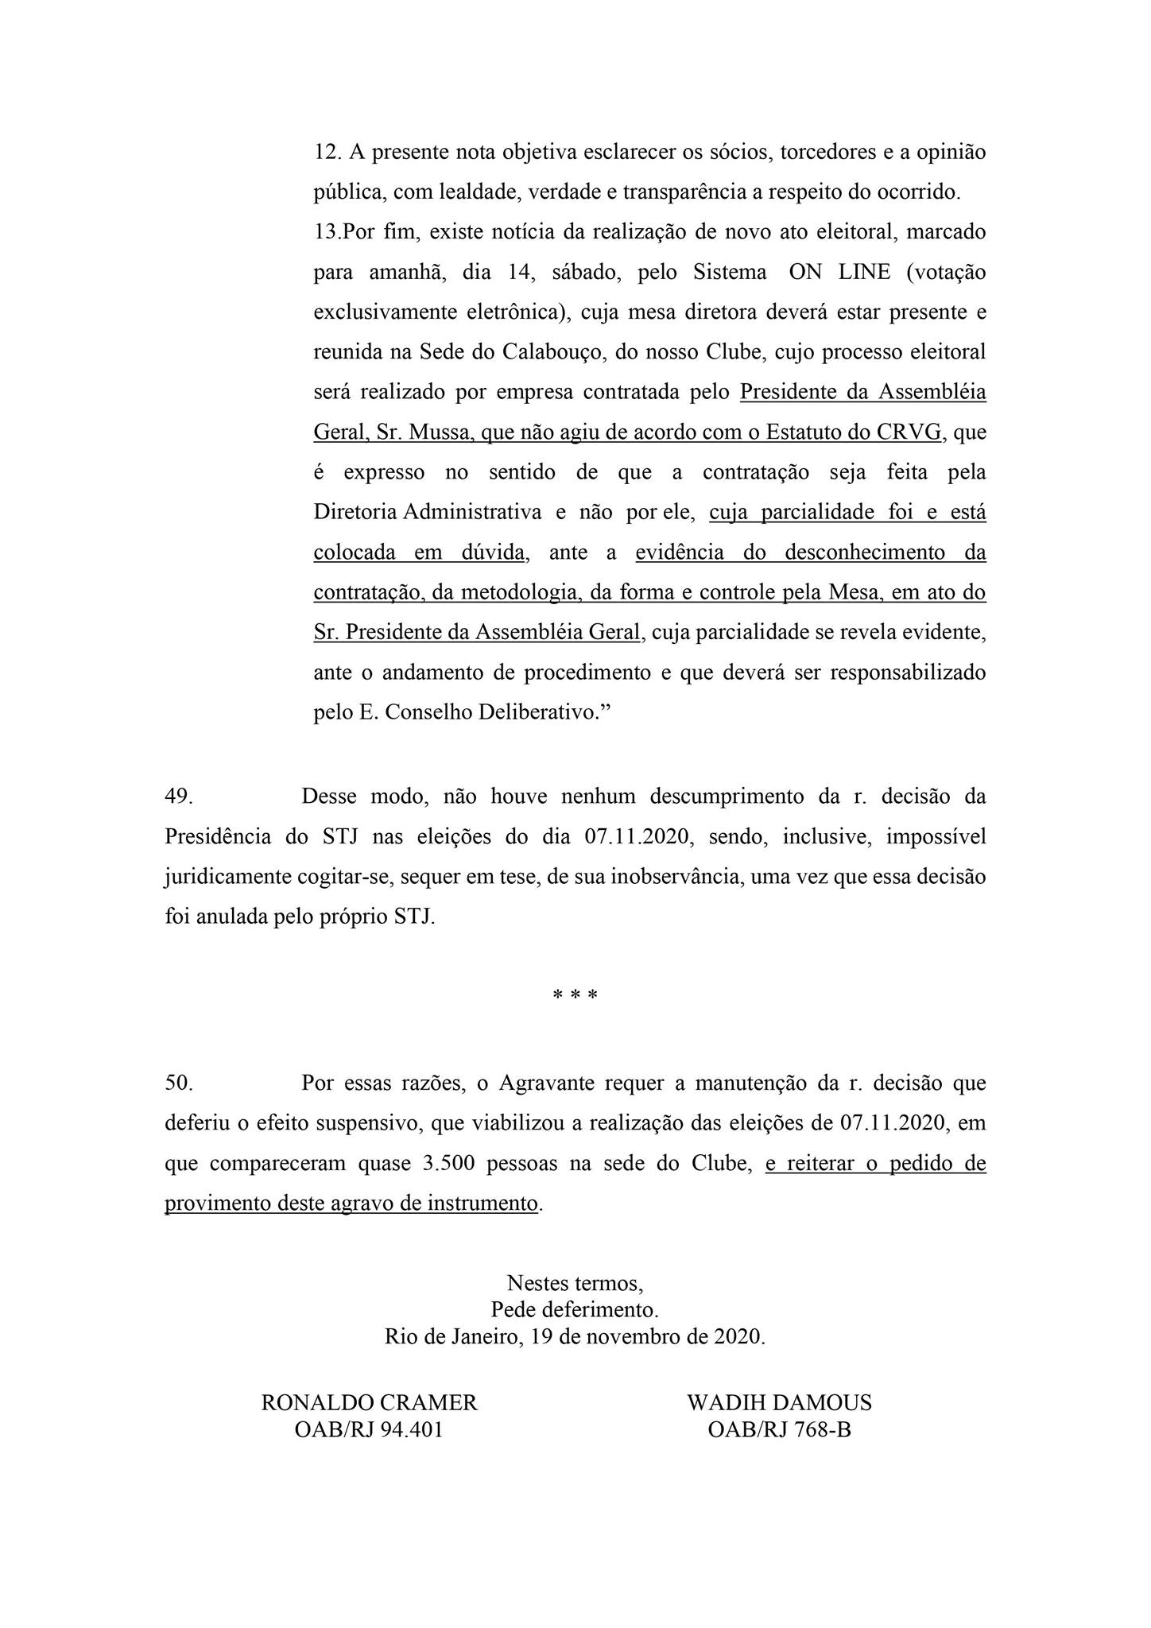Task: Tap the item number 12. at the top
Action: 327,152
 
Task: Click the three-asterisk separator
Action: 575,996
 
